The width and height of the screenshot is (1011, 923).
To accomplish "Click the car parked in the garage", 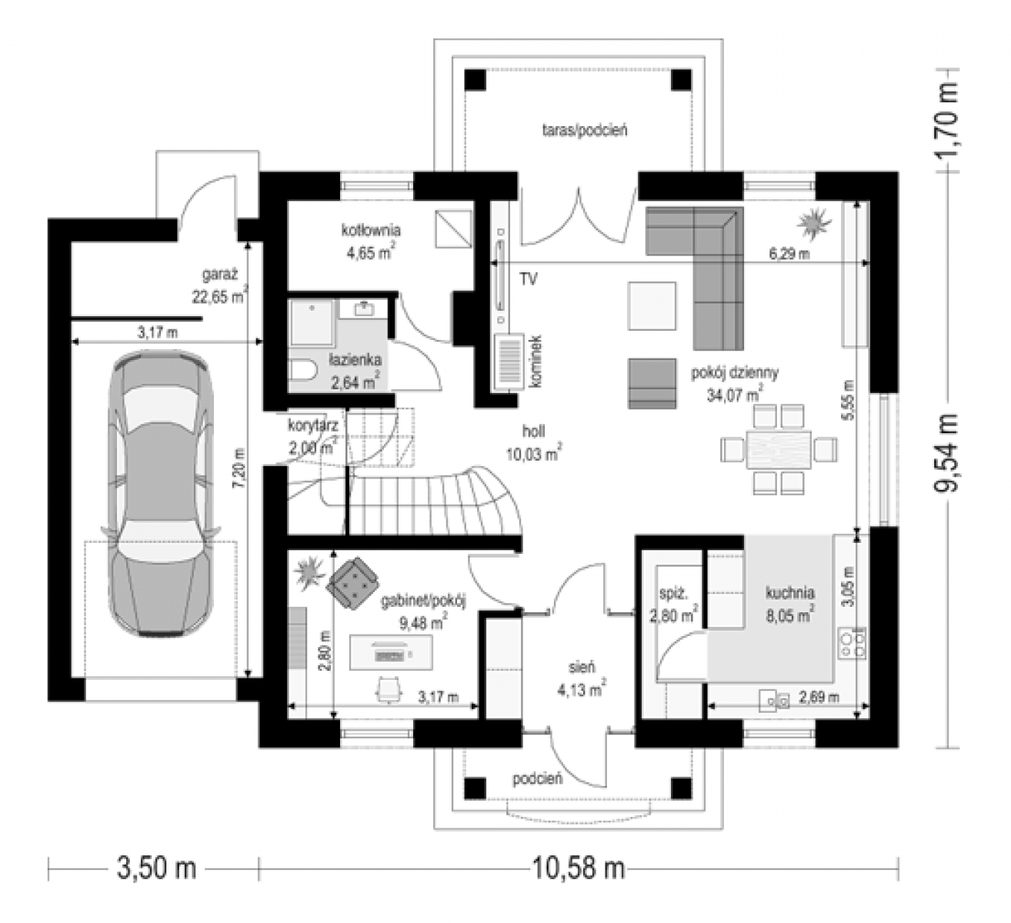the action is [160, 493].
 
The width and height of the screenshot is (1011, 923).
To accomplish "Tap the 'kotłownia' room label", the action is [371, 230].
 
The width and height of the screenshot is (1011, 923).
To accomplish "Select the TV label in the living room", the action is [529, 279].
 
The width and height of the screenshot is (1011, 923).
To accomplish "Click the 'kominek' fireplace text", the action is [536, 362].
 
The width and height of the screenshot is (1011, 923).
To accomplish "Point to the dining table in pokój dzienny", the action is [779, 449].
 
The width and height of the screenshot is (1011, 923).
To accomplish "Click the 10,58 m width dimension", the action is [579, 868].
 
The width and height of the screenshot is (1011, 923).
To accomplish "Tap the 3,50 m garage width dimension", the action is [157, 868].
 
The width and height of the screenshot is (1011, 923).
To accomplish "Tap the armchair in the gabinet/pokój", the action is [352, 582].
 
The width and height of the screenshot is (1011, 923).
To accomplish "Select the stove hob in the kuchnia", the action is [851, 644].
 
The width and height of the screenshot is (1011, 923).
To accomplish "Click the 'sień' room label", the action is [582, 667].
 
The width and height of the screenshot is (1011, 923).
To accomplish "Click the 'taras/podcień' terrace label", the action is [585, 131].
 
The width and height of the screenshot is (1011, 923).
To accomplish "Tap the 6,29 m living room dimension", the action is [789, 254].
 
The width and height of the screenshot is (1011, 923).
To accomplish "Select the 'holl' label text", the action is [533, 431].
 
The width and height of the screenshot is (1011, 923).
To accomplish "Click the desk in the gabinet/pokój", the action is [391, 652].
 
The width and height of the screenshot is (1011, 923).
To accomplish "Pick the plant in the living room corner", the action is [813, 224].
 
